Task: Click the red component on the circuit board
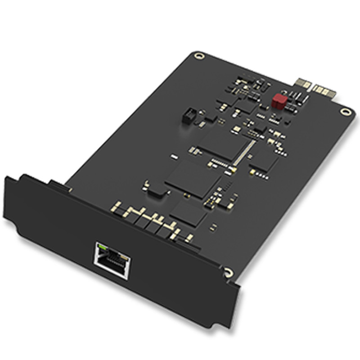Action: (279, 101)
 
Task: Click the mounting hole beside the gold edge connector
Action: (346, 112)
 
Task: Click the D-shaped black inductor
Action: (156, 191)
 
